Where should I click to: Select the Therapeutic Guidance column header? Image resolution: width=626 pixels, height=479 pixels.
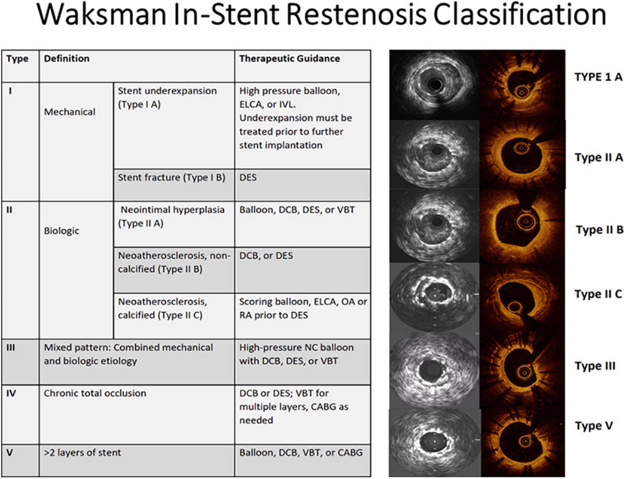290,59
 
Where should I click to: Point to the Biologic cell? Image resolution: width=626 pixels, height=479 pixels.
62,231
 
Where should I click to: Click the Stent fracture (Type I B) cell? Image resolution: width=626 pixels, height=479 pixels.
172,178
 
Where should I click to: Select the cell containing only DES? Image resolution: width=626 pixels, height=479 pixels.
248,178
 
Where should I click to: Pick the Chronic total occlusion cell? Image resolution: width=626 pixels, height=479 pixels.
95,393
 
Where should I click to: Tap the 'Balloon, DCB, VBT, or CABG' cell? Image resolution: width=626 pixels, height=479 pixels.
301,453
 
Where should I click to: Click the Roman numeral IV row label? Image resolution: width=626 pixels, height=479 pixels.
11,393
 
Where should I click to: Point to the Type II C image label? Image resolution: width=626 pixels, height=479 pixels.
598,294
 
